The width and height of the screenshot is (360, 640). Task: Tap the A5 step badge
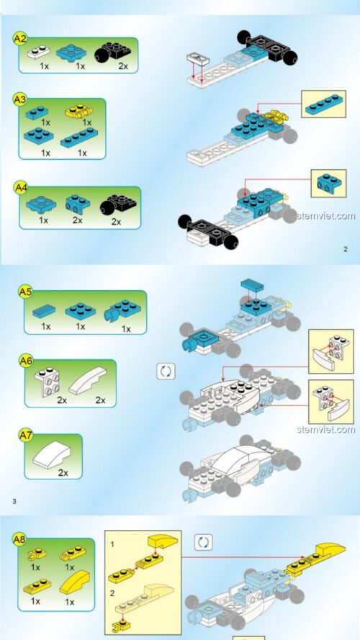click(x=25, y=292)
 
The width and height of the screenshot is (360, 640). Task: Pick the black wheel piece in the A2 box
click(x=112, y=51)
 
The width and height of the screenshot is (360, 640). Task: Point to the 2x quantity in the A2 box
click(x=122, y=66)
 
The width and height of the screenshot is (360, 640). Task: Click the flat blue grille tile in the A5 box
click(x=46, y=310)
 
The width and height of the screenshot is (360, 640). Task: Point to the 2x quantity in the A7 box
click(x=63, y=473)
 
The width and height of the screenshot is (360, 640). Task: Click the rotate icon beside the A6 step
click(x=166, y=371)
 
